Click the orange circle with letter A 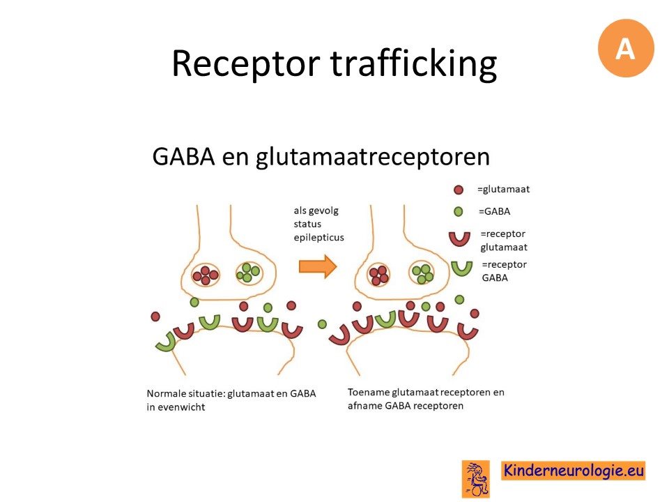[x=626, y=48]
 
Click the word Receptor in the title [x=246, y=63]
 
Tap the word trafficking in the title [x=413, y=64]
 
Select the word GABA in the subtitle [x=183, y=156]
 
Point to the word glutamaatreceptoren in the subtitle [x=372, y=157]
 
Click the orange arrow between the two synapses [x=318, y=266]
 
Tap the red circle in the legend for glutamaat [x=459, y=190]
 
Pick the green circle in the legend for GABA [x=459, y=211]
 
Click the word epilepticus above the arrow [x=318, y=238]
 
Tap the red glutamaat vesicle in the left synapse [x=205, y=275]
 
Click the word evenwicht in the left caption [x=181, y=407]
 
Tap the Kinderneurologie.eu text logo [x=573, y=471]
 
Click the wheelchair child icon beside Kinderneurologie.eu [x=476, y=479]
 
